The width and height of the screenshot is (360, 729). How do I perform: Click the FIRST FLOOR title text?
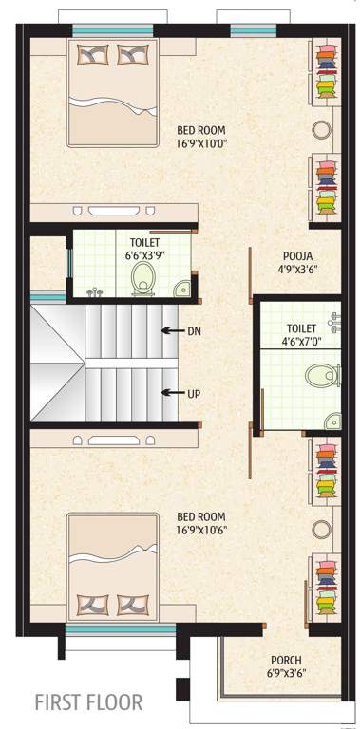coord(88,703)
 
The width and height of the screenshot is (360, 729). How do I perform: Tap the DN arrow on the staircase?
coord(172,330)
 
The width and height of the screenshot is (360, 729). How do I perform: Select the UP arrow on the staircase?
coord(172,391)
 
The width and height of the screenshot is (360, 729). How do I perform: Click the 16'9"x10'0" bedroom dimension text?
coord(201,144)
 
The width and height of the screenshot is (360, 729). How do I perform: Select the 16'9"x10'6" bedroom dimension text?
coord(201,530)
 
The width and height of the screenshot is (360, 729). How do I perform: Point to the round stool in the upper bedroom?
coord(321,130)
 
